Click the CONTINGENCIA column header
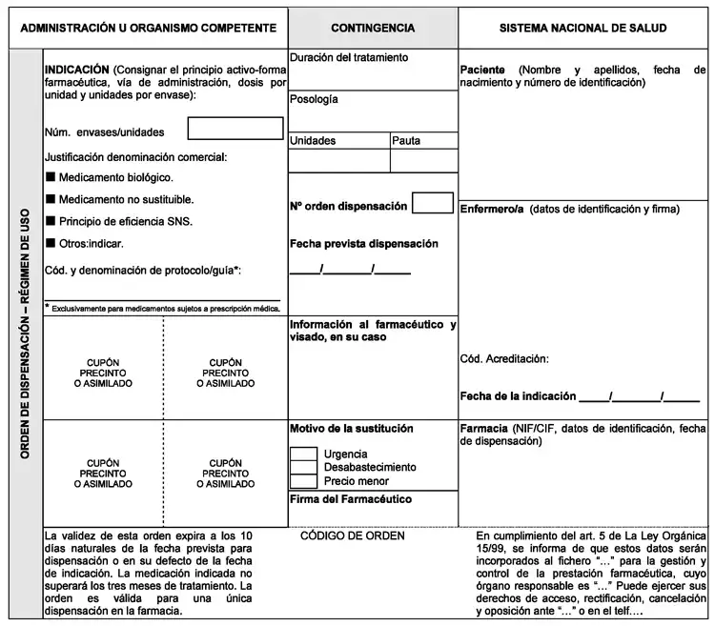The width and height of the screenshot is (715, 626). pyautogui.click(x=373, y=30)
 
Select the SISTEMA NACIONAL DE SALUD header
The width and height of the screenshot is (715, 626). pyautogui.click(x=582, y=30)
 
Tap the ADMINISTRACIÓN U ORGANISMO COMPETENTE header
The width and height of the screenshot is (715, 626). pyautogui.click(x=147, y=30)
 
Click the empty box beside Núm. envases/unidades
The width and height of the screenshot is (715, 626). pyautogui.click(x=235, y=129)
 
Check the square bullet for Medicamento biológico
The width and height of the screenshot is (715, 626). pyautogui.click(x=51, y=177)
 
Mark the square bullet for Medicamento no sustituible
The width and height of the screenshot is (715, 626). pyautogui.click(x=51, y=200)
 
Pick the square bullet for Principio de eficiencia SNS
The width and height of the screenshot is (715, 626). pyautogui.click(x=51, y=222)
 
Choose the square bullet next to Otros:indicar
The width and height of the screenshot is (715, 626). pyautogui.click(x=51, y=244)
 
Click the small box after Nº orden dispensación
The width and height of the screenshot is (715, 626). pyautogui.click(x=432, y=203)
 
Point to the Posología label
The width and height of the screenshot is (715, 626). pyautogui.click(x=314, y=99)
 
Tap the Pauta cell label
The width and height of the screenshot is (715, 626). pyautogui.click(x=406, y=141)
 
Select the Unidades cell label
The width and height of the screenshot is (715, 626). pyautogui.click(x=313, y=141)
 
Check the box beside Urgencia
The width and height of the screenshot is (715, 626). pyautogui.click(x=303, y=454)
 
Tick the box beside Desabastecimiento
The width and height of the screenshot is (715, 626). pyautogui.click(x=303, y=467)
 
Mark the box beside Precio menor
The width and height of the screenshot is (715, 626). pyautogui.click(x=303, y=481)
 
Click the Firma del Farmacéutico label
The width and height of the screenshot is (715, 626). pyautogui.click(x=350, y=499)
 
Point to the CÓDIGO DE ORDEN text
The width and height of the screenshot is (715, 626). pyautogui.click(x=353, y=535)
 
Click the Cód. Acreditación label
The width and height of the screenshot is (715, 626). pyautogui.click(x=504, y=359)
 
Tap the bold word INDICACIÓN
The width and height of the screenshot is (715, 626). pyautogui.click(x=77, y=71)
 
